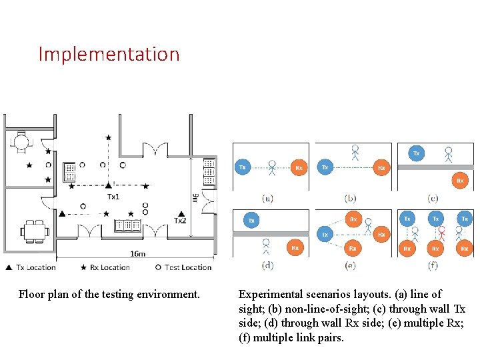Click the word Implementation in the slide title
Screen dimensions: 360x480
coord(109,54)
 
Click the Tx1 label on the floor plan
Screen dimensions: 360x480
coord(113,197)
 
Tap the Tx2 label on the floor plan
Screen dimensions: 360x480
coord(180,221)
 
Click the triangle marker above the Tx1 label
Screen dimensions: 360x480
coord(109,185)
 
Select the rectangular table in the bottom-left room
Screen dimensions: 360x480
coord(35,231)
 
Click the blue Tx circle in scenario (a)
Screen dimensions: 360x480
coord(243,167)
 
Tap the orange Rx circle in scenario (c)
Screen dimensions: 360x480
coord(459,180)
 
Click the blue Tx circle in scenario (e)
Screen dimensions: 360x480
coord(325,235)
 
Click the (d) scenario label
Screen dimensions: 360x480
coord(267,265)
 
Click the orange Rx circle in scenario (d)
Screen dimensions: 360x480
coord(295,247)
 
